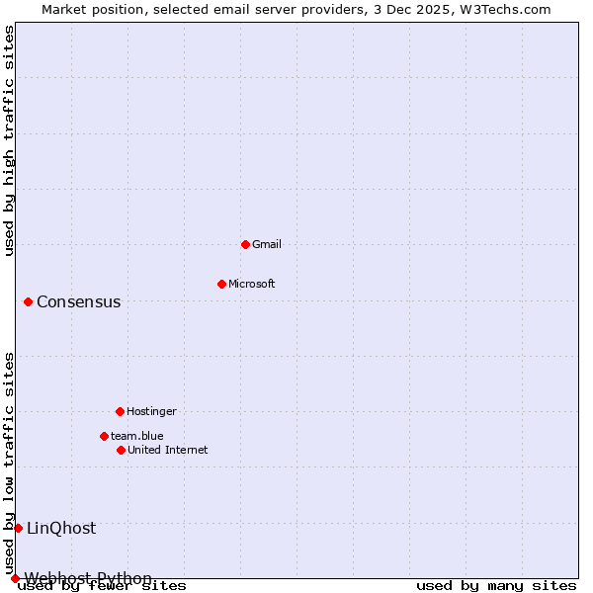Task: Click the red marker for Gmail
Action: (245, 244)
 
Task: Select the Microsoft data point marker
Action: (221, 284)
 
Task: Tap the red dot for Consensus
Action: (28, 301)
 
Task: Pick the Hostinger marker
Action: (120, 411)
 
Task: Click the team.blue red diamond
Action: (104, 436)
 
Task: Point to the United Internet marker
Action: (121, 450)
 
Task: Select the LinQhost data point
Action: (18, 528)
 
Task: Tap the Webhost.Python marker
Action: (15, 578)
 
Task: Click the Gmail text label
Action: (267, 244)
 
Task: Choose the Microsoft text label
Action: (252, 284)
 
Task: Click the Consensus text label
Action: (79, 301)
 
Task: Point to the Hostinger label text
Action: (151, 411)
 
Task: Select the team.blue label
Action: (137, 436)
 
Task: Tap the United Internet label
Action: (168, 450)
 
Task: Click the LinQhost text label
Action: (61, 528)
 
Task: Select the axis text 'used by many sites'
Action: (496, 585)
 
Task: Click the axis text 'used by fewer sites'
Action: (103, 585)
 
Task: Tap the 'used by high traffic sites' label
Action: (9, 140)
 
